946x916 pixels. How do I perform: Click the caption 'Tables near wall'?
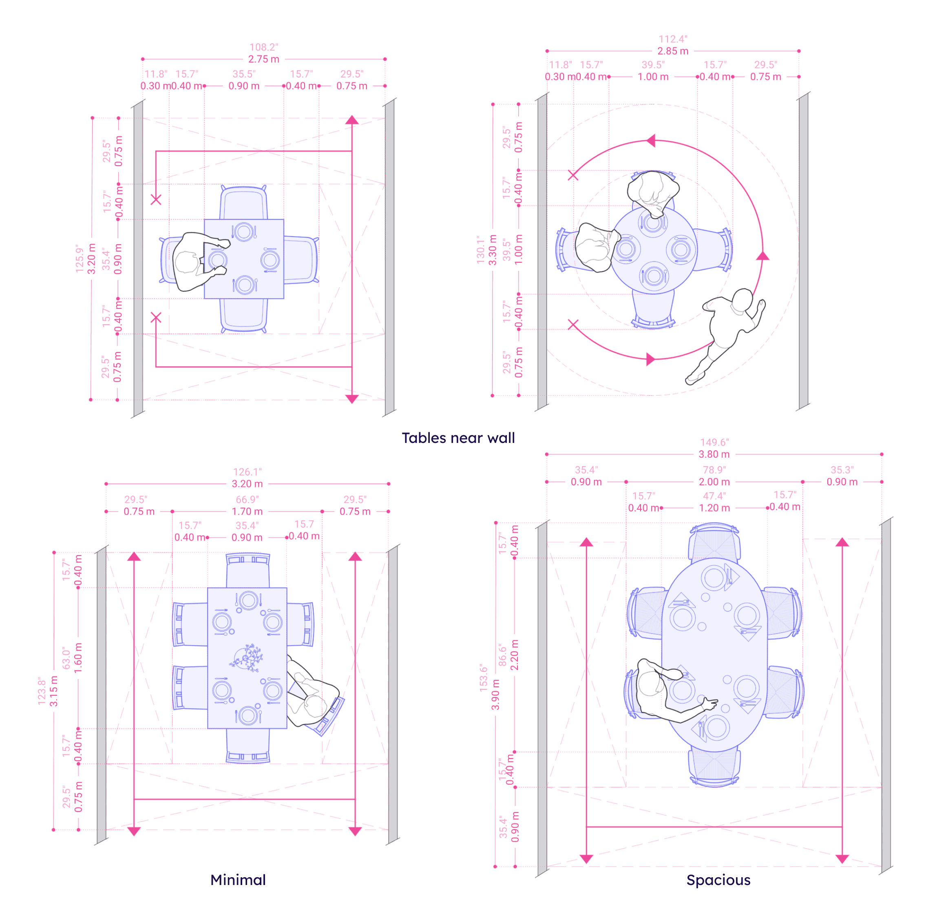[458, 438]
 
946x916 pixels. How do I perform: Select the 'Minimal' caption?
[238, 880]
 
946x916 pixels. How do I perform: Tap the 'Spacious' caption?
[718, 880]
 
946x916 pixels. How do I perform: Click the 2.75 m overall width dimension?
[263, 59]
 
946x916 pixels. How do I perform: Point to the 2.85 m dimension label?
[673, 51]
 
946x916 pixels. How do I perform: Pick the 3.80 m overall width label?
[714, 454]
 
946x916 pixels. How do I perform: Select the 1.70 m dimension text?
[247, 511]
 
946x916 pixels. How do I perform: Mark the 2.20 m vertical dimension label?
[515, 655]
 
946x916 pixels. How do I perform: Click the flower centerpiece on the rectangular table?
[247, 657]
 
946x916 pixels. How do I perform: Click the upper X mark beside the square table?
[156, 199]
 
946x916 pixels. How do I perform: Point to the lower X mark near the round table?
[573, 325]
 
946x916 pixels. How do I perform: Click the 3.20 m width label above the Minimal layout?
[247, 483]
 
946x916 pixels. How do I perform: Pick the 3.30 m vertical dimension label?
[492, 250]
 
